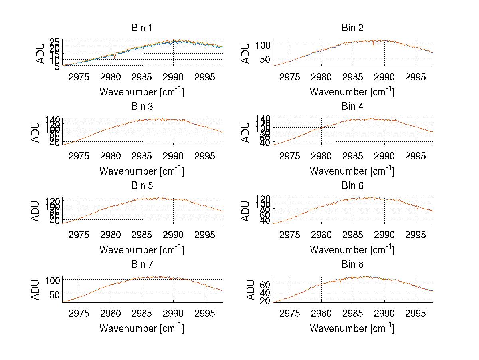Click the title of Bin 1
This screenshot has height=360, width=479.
point(142,28)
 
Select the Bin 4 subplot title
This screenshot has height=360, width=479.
point(352,107)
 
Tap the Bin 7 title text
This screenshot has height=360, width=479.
point(142,265)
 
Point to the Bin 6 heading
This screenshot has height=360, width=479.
point(352,186)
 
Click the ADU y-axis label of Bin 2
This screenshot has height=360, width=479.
point(246,53)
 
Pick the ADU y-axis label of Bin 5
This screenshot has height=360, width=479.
point(36,211)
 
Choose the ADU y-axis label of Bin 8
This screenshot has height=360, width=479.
point(251,290)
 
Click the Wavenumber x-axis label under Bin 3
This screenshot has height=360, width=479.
point(142,171)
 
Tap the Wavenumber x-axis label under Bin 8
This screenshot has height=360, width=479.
point(352,328)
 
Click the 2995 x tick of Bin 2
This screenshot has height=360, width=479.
point(415,76)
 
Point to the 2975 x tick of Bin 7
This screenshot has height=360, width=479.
point(79,313)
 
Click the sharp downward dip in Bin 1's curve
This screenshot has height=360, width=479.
point(115,58)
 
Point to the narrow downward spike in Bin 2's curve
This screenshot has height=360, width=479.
point(374,45)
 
